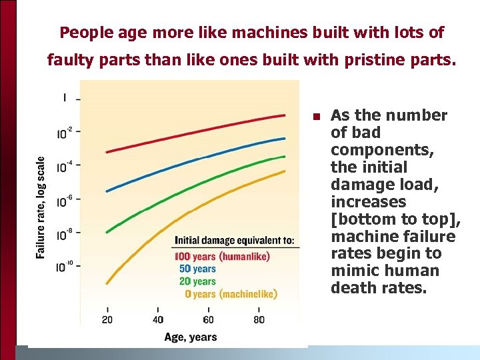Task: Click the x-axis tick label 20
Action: (107, 319)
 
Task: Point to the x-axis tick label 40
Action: (159, 319)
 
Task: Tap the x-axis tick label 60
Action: (209, 319)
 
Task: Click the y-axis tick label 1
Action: (65, 97)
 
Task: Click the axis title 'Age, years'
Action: (191, 337)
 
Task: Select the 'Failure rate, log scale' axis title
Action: (41, 207)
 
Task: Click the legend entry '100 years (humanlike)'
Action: (222, 256)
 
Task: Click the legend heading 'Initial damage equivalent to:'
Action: (234, 240)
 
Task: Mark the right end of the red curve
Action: (285, 115)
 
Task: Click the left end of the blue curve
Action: (107, 191)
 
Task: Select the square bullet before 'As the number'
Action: (317, 117)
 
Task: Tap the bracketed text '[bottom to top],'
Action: (395, 219)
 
